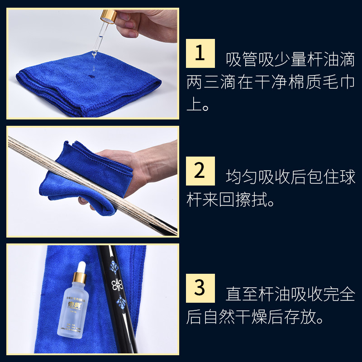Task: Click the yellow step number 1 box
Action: pos(200,53)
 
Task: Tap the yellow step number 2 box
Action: pos(200,171)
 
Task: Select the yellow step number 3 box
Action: pos(200,288)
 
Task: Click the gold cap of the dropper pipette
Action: pos(109,16)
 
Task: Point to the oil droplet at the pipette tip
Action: pos(94,55)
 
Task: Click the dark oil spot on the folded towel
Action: pos(91,76)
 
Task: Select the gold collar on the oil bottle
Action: pos(80,278)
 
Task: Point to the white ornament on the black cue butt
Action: pos(117,285)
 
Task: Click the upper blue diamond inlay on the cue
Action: pos(114,267)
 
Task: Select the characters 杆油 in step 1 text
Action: pos(323,59)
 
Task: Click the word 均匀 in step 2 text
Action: pos(241,177)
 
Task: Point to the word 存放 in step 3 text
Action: pos(300,317)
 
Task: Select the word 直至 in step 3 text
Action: pos(241,294)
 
